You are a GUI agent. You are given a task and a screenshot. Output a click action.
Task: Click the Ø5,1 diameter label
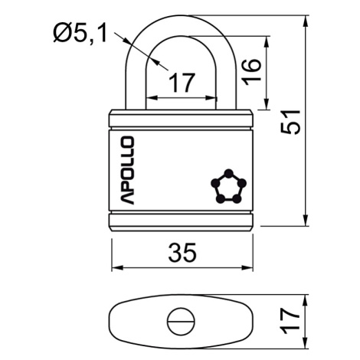point(80,33)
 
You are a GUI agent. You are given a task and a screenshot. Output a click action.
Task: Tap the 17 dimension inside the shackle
point(182,83)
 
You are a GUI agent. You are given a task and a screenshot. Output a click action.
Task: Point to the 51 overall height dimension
point(290,122)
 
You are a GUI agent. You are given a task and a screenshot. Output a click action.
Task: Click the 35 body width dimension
point(182,253)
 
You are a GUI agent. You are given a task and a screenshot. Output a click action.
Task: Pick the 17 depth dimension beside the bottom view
point(290,321)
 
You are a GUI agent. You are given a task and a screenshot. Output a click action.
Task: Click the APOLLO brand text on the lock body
point(127,170)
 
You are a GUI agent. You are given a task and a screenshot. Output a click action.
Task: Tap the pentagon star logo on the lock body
point(228,187)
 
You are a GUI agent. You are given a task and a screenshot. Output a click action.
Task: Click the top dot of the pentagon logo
point(229,173)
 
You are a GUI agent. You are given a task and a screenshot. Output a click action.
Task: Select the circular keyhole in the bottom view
point(182,321)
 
